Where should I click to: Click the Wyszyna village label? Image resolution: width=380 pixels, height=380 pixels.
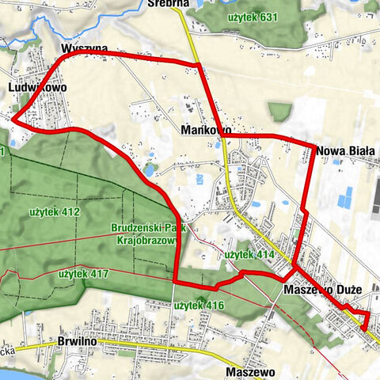point(83,49)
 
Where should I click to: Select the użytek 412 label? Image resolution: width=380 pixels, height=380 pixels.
point(55,211)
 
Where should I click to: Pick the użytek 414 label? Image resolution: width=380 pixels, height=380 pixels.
point(248,255)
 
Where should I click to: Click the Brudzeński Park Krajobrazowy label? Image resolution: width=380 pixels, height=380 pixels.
point(142,236)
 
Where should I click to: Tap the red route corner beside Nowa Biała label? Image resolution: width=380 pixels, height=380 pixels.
point(312,147)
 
